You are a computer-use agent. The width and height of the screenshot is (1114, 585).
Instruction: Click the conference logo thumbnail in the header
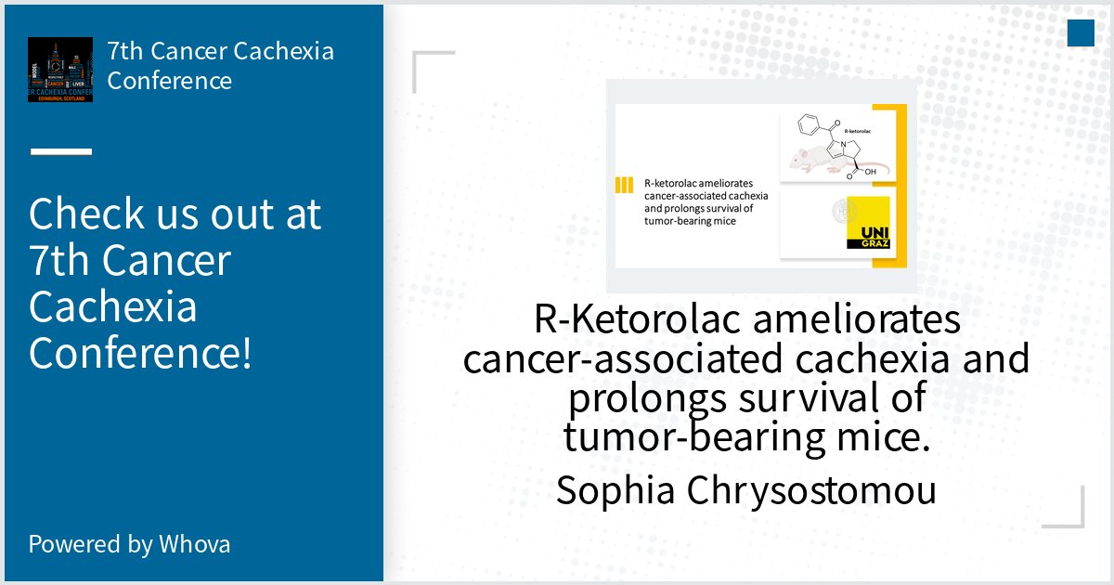(60, 70)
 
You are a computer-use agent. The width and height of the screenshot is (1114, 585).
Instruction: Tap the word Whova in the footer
(194, 543)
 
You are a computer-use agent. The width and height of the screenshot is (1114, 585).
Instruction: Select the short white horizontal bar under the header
(61, 150)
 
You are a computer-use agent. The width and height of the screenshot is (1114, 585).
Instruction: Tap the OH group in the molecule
(871, 172)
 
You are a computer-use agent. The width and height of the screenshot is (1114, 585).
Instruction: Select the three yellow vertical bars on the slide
(624, 185)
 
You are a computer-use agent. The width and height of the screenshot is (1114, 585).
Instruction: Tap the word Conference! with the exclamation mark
(140, 353)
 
